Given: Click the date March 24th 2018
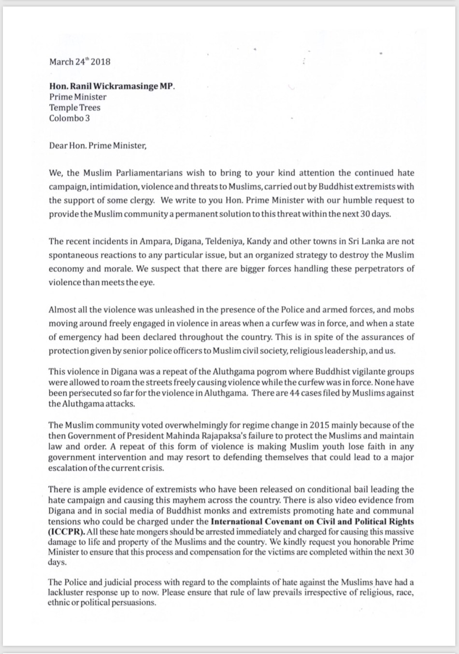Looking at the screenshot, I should pyautogui.click(x=80, y=62).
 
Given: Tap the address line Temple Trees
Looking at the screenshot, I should pyautogui.click(x=74, y=107).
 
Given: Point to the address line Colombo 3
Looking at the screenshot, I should pyautogui.click(x=69, y=118).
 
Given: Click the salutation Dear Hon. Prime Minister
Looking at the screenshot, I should pyautogui.click(x=97, y=145).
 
